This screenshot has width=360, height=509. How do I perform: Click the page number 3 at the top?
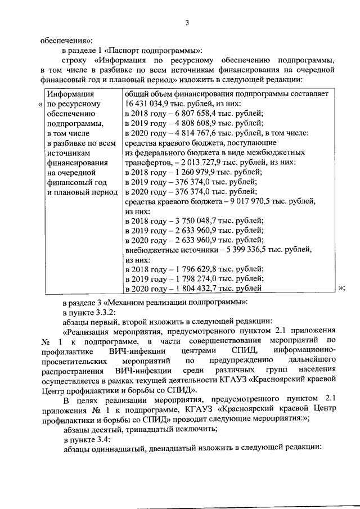point(188,23)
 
